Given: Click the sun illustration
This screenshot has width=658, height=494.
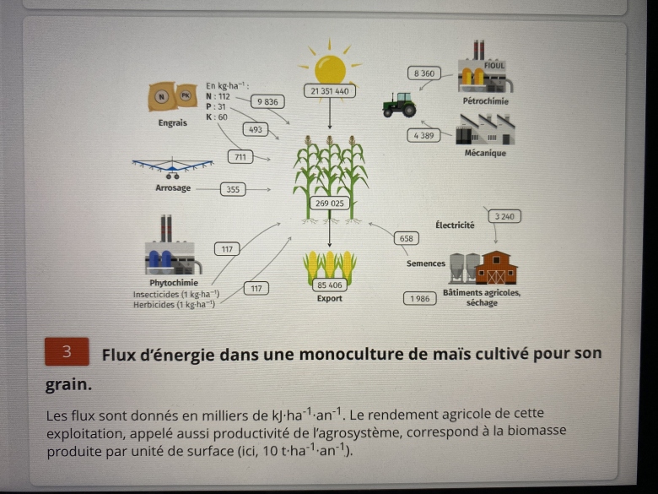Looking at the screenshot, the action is (330, 68).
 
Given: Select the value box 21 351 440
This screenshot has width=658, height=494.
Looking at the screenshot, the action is (330, 90).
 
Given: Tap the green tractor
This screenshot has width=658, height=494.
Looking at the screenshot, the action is (399, 105).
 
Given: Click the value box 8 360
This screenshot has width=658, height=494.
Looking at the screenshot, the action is (424, 73).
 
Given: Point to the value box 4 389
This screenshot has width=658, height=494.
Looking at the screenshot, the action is (423, 136).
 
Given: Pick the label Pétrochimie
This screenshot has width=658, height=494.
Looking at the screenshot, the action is (486, 101).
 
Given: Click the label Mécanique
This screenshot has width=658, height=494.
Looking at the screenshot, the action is (485, 154).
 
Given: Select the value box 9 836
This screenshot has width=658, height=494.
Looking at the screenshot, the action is (267, 102).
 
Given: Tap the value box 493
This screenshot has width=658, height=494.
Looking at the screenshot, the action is (256, 129).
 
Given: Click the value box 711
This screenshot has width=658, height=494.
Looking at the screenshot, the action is (240, 157).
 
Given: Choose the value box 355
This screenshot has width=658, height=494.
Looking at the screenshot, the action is (233, 189).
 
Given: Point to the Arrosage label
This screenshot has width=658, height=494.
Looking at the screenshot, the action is (173, 188).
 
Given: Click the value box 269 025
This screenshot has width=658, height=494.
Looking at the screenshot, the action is (330, 204).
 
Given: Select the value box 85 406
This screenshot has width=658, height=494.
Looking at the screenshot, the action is (330, 285).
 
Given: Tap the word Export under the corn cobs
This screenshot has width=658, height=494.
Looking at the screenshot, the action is (329, 299).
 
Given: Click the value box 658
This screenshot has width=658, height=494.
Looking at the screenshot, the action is (407, 239).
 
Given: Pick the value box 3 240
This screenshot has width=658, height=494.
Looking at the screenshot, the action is (504, 216).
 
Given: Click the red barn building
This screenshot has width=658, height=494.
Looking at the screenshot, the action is (496, 268).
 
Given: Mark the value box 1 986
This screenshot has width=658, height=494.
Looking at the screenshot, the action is (420, 299).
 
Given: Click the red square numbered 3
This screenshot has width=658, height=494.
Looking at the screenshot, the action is (67, 351).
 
